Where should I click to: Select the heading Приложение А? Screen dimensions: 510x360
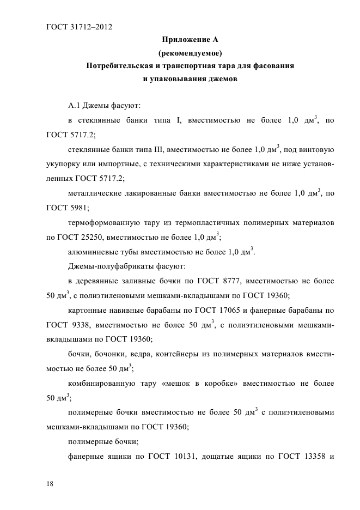pyautogui.click(x=190, y=40)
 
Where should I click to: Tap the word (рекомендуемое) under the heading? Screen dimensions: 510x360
pyautogui.click(x=190, y=53)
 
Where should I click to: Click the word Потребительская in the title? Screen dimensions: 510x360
pyautogui.click(x=117, y=66)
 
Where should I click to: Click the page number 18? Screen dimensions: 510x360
pyautogui.click(x=51, y=483)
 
